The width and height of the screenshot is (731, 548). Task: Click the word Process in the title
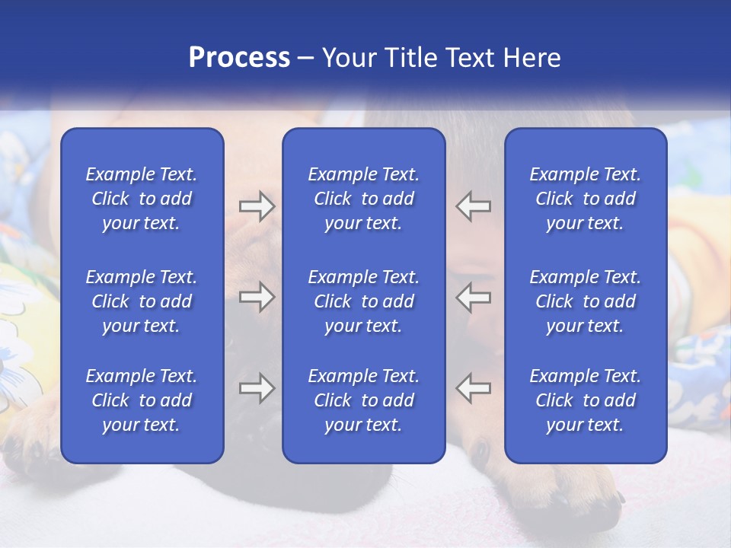(239, 58)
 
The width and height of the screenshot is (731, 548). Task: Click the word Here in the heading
(530, 58)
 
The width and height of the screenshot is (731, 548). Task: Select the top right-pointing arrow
(257, 206)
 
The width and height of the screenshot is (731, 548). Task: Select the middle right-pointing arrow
(257, 297)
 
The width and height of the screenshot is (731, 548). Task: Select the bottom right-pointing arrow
(257, 388)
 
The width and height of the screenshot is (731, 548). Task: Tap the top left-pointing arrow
(474, 206)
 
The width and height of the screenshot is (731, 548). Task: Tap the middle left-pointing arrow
(474, 297)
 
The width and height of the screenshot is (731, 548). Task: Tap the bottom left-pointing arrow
(474, 388)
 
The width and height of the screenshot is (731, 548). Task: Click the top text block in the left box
(142, 199)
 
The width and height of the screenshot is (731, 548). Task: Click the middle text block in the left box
(142, 301)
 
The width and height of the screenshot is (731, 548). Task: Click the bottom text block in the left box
(142, 400)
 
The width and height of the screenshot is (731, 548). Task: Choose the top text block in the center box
(363, 199)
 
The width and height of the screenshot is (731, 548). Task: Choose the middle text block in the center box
(363, 301)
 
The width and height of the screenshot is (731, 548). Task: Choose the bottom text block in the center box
(363, 400)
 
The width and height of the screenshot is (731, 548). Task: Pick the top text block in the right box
(585, 199)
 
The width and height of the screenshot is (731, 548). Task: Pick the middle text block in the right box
(585, 301)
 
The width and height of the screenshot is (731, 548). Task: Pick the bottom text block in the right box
(585, 400)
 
